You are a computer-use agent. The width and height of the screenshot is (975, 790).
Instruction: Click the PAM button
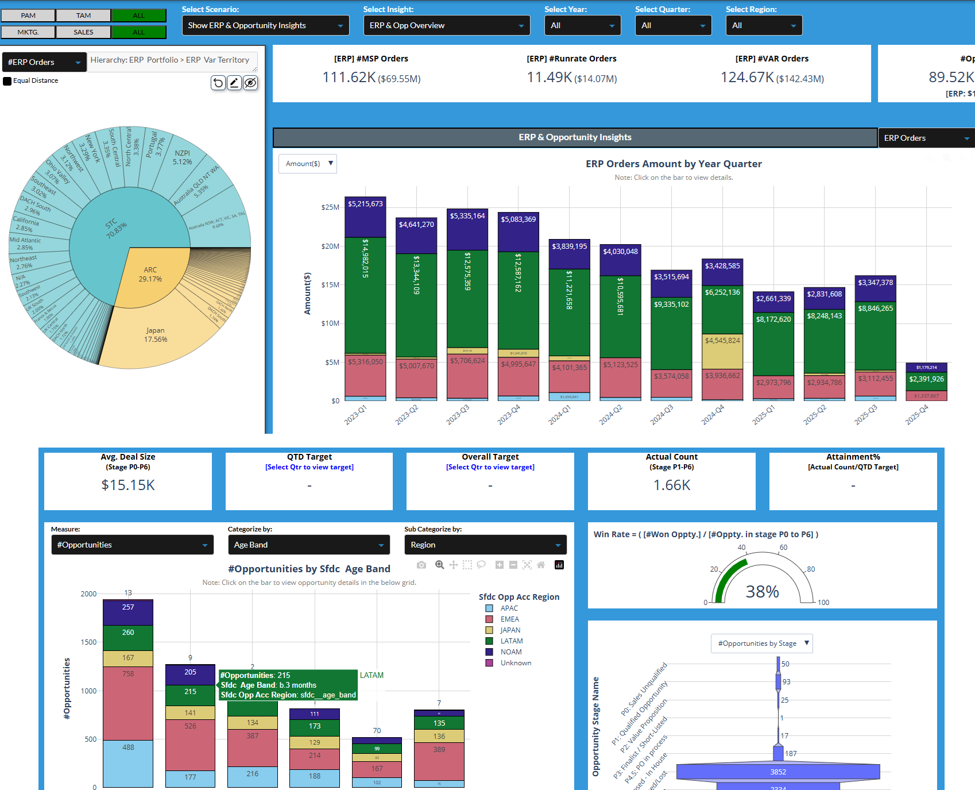tap(28, 16)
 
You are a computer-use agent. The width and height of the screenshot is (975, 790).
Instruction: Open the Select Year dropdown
tap(582, 25)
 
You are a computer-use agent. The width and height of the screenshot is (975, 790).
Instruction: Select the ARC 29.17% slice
tap(150, 275)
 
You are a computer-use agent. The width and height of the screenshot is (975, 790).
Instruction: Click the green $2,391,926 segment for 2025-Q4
tap(926, 379)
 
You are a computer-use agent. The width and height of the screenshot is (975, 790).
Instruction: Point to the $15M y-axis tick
tap(331, 285)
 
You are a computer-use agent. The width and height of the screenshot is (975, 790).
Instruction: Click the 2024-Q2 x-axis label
tap(610, 415)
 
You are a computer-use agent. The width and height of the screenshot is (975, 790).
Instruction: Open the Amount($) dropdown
tap(308, 164)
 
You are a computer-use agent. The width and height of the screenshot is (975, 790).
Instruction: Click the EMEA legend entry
tap(509, 619)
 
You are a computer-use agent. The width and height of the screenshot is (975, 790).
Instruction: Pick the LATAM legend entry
tap(511, 641)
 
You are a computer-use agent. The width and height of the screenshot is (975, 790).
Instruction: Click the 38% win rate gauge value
tap(762, 591)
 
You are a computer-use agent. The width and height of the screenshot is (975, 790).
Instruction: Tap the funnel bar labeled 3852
tap(778, 772)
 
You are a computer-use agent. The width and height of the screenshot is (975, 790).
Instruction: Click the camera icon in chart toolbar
tap(421, 565)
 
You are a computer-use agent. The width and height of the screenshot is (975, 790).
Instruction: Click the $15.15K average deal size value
tap(128, 485)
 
